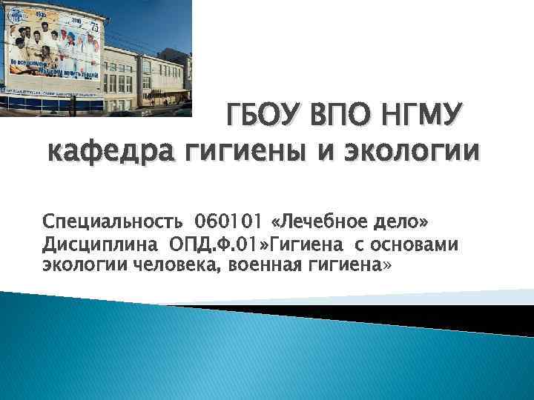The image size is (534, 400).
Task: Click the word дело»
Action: click(x=401, y=221)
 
